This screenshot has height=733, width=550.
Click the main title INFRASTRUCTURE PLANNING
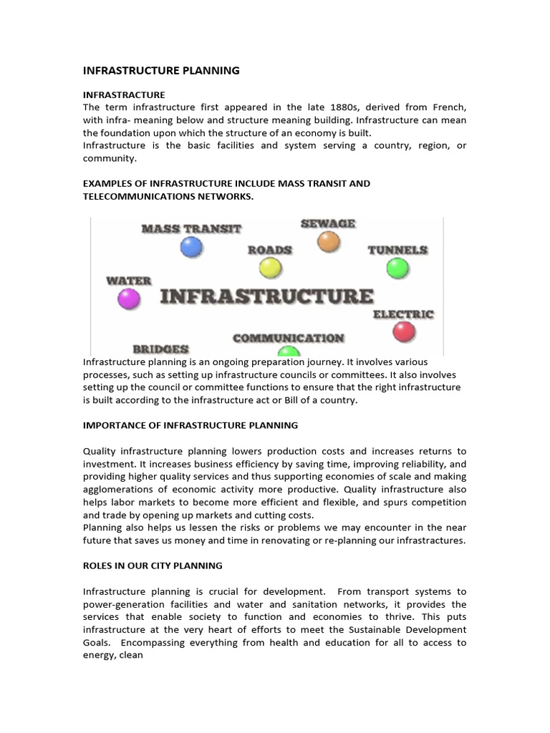tap(161, 70)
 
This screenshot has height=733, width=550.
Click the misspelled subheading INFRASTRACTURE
tap(124, 94)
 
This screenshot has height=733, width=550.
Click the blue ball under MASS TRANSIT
tap(191, 247)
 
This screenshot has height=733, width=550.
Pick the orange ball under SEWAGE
tap(328, 242)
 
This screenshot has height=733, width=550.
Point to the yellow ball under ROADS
tap(270, 268)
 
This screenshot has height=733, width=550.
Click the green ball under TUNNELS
tap(397, 268)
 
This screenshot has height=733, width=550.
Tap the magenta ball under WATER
tap(129, 298)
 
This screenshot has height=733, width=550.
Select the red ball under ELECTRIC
tap(404, 331)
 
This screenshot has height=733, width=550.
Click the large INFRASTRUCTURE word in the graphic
tap(266, 296)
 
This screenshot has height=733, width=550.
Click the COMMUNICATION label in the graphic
tap(288, 338)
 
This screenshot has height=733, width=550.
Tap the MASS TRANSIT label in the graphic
tap(191, 229)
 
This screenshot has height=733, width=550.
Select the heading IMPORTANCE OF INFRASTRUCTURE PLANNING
tap(190, 425)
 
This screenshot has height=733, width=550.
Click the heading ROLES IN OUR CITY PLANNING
tap(153, 565)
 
